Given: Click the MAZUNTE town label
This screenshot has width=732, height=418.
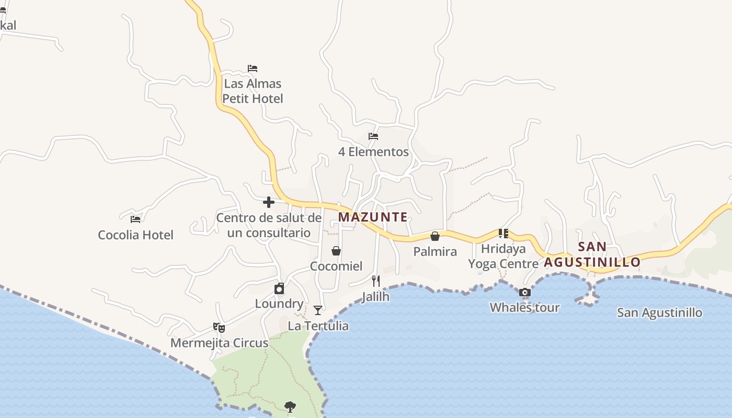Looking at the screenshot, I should tap(373, 217).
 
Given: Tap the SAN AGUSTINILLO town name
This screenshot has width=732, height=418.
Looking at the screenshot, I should tap(592, 254).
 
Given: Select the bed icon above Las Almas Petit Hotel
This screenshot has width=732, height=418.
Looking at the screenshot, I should tap(253, 68).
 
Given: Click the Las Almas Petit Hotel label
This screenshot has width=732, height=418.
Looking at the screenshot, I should tap(253, 91).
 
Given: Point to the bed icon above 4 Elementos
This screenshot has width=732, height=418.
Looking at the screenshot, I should tap(373, 136).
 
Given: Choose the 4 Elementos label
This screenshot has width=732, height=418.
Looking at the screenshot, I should tap(373, 152).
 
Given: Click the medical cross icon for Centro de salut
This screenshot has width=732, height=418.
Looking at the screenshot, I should tap(269, 202).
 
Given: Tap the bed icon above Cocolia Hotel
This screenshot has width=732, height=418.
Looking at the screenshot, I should tap(135, 219).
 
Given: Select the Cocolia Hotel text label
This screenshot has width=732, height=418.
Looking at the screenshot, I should tap(135, 235).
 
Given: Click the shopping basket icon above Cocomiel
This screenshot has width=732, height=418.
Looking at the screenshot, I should tap(336, 251).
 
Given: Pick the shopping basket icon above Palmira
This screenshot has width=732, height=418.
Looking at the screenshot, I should tap(435, 236).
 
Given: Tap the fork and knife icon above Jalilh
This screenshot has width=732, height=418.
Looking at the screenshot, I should tap(375, 281).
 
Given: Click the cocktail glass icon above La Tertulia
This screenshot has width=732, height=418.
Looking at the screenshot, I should tap(318, 310).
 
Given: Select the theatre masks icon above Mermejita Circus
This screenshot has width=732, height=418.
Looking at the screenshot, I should tap(219, 328).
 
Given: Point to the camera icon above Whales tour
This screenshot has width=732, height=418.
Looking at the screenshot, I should tap(524, 293).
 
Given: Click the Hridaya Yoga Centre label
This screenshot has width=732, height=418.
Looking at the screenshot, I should tap(503, 256).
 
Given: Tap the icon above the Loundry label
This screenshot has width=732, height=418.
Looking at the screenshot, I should tap(279, 288).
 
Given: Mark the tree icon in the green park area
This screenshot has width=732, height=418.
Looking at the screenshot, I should tap(290, 407).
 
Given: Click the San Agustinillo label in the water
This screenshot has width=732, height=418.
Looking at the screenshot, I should tap(659, 313).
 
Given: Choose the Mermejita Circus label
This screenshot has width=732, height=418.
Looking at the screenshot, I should tap(219, 343).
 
